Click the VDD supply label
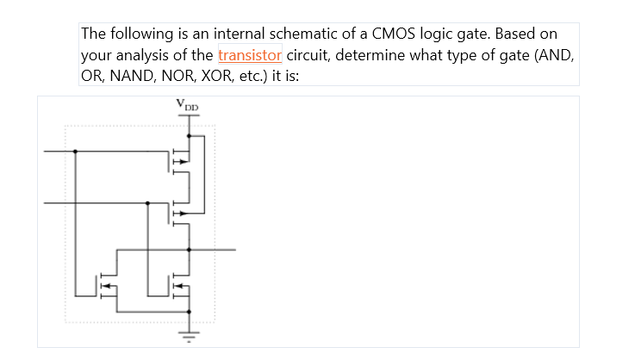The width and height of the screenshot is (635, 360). pyautogui.click(x=187, y=105)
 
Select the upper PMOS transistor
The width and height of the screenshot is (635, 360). pyautogui.click(x=180, y=159)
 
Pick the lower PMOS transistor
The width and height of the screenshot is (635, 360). pyautogui.click(x=180, y=213)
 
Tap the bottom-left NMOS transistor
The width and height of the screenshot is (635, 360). pyautogui.click(x=107, y=286)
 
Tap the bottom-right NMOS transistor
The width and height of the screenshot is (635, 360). pyautogui.click(x=179, y=286)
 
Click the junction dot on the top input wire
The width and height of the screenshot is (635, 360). pyautogui.click(x=76, y=152)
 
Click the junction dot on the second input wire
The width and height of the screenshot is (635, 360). pyautogui.click(x=148, y=203)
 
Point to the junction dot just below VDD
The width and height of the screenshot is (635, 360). pyautogui.click(x=189, y=135)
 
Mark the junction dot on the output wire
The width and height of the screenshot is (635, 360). pyautogui.click(x=189, y=250)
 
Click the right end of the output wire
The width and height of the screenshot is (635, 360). pyautogui.click(x=234, y=250)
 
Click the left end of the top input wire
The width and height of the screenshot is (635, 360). pyautogui.click(x=45, y=152)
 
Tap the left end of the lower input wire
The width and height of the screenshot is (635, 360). pyautogui.click(x=45, y=203)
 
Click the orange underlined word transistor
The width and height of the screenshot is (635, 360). pyautogui.click(x=250, y=56)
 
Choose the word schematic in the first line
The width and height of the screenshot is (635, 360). pyautogui.click(x=317, y=35)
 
